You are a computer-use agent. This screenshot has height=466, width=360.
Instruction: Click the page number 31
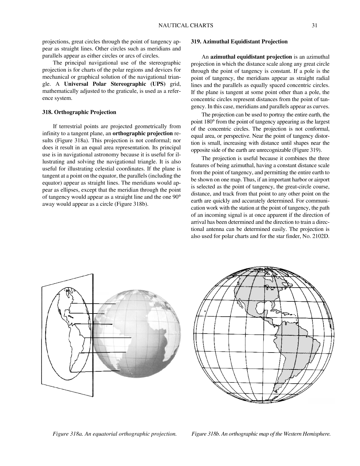(x=314, y=26)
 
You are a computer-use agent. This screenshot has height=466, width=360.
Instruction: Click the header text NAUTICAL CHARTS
(x=186, y=26)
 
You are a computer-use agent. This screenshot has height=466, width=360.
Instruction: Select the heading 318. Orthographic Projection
(x=79, y=112)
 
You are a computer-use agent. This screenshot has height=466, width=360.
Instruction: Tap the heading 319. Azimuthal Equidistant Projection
(x=239, y=42)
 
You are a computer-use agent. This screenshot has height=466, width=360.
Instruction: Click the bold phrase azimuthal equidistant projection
(x=251, y=57)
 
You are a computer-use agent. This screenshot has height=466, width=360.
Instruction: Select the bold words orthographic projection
(x=142, y=133)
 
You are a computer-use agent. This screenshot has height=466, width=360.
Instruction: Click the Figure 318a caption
(x=115, y=434)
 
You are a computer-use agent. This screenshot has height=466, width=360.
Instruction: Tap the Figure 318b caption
(x=261, y=434)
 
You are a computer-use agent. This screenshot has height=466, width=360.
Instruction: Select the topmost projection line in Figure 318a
(x=94, y=304)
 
